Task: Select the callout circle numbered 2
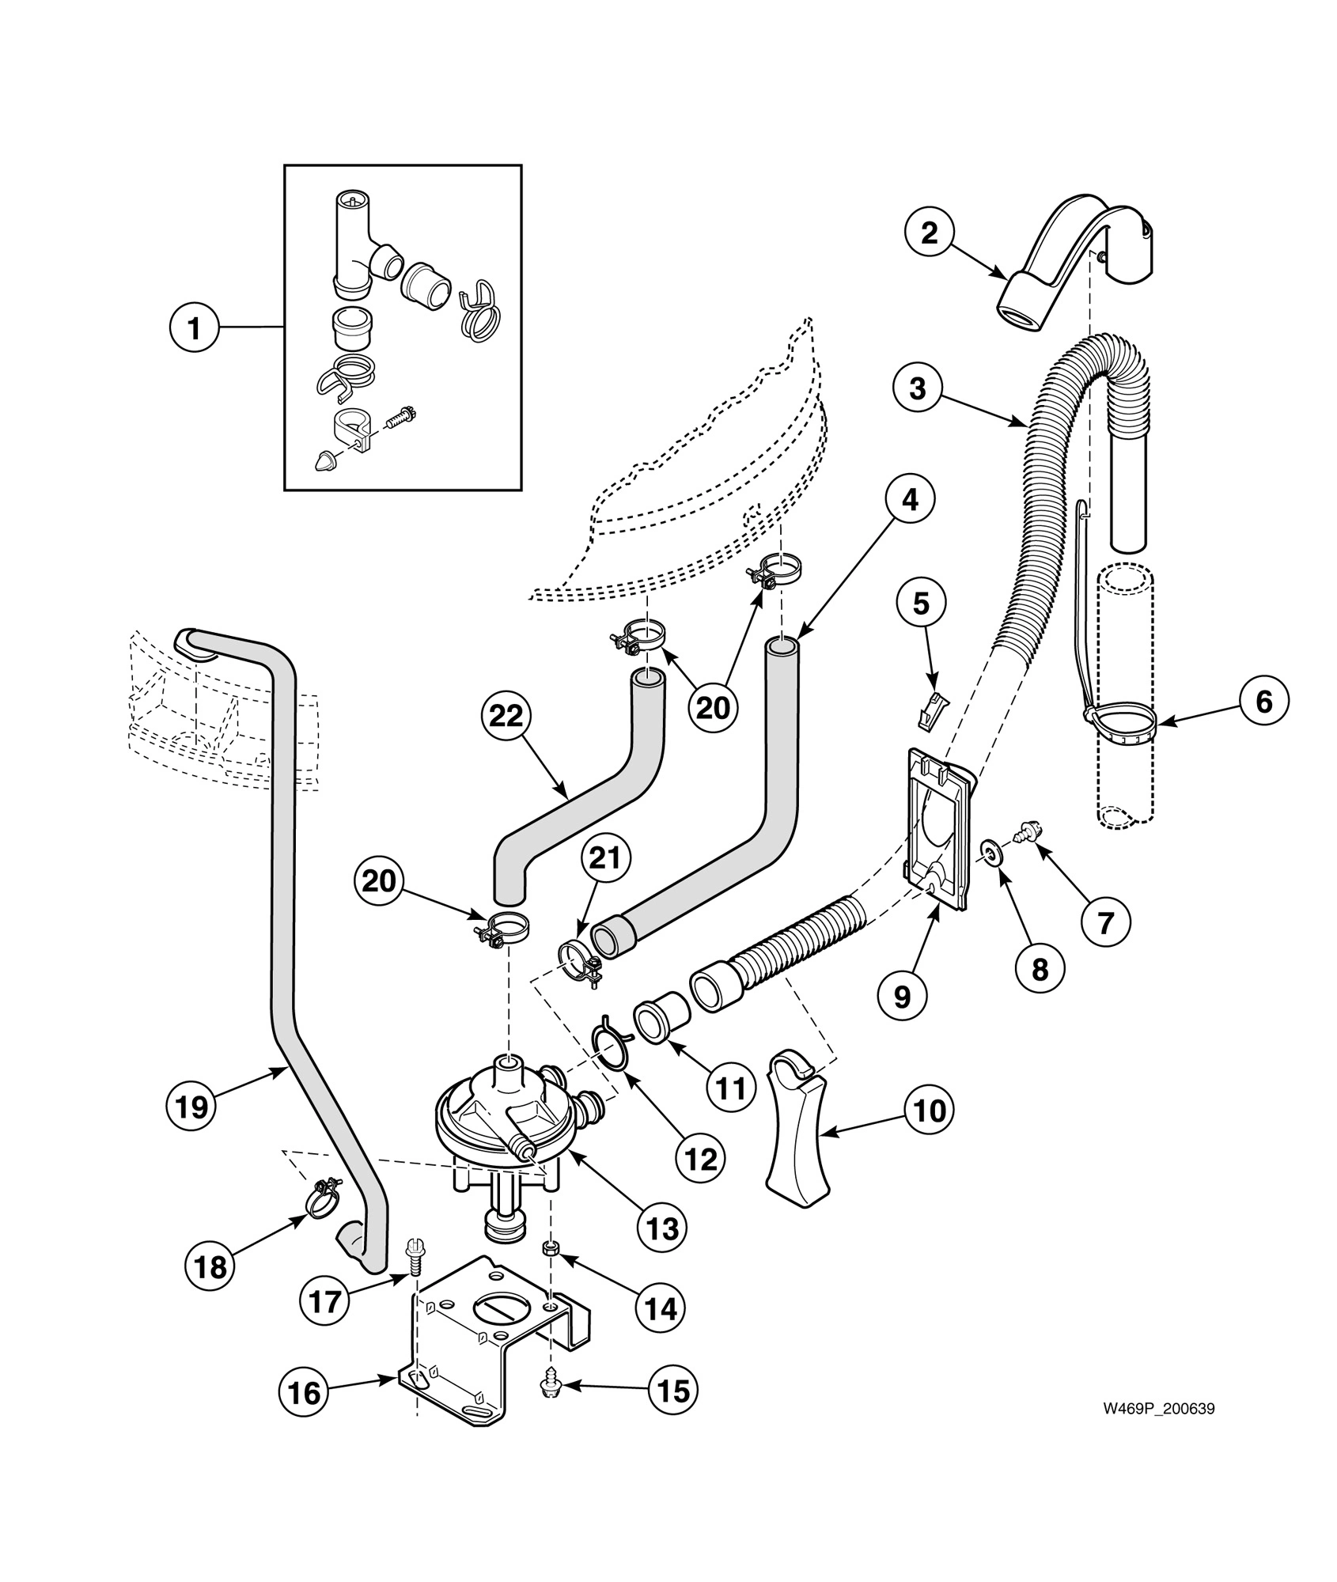click(930, 233)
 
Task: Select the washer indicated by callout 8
click(990, 852)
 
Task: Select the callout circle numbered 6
click(1264, 701)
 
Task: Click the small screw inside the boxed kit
click(401, 417)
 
